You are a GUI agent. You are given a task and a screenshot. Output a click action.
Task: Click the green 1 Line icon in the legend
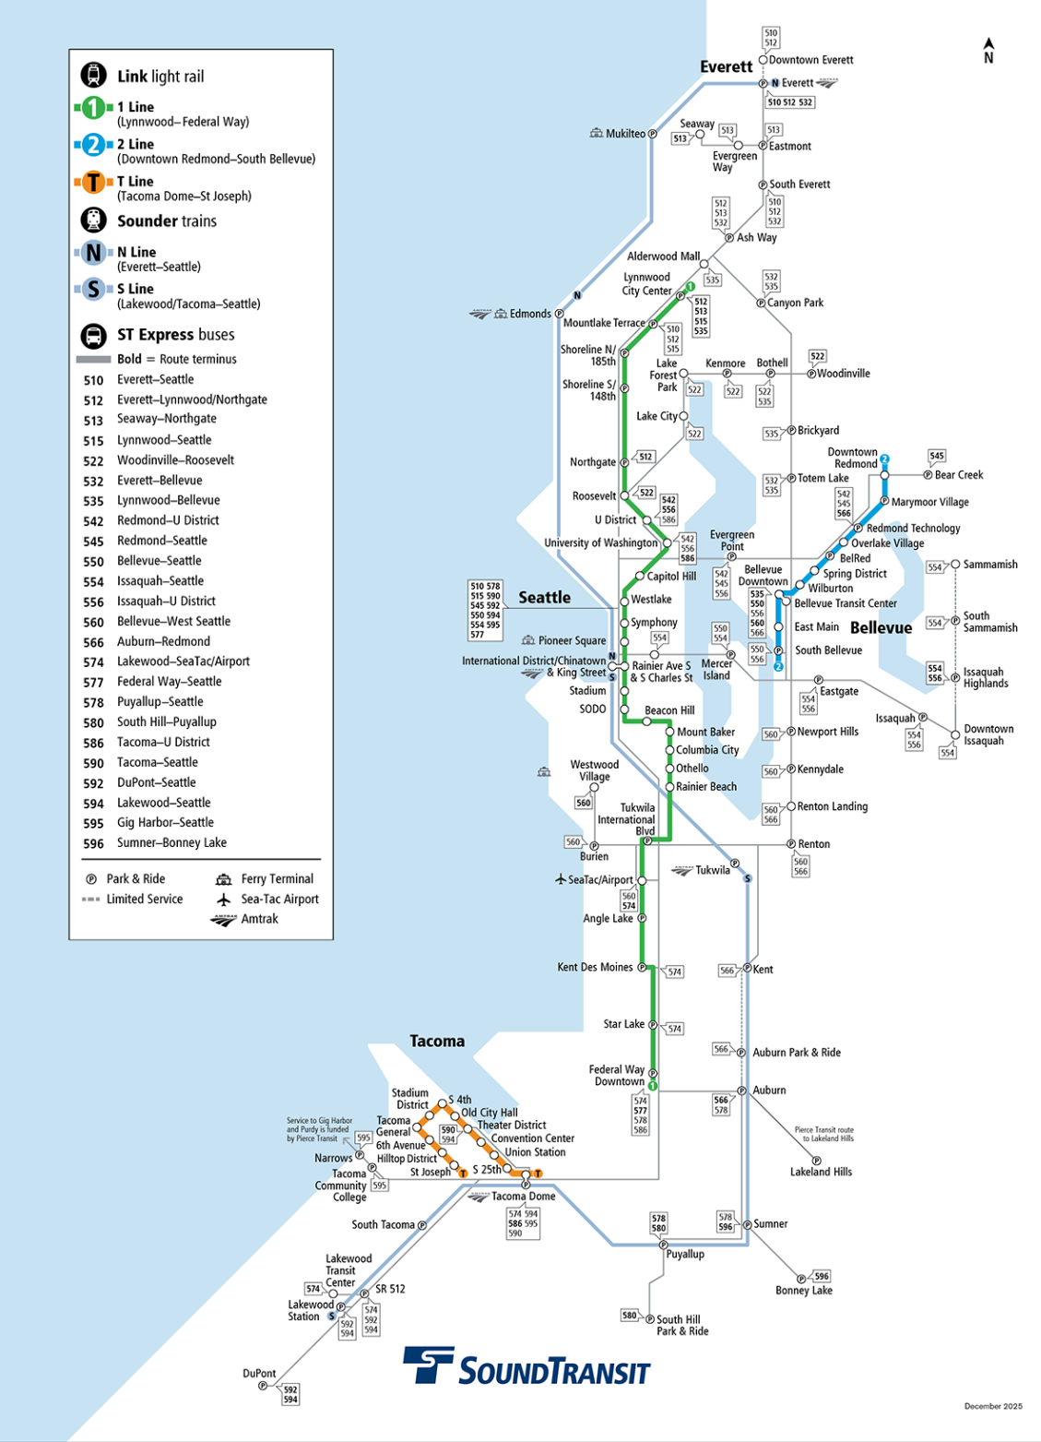click(x=93, y=108)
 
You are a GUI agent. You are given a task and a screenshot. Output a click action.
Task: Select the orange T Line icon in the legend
click(x=93, y=183)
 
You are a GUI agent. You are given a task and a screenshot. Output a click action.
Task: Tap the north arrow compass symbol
click(x=988, y=51)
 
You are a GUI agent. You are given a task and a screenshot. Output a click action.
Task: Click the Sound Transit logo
click(x=526, y=1366)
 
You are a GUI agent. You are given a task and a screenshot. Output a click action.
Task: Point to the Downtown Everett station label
click(x=810, y=60)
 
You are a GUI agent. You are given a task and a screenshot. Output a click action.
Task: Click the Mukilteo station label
click(x=625, y=134)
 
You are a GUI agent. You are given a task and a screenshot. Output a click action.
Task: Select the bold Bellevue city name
click(x=881, y=628)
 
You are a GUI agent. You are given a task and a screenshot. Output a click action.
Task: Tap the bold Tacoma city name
click(x=437, y=1041)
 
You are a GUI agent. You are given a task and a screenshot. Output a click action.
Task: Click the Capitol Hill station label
click(x=671, y=577)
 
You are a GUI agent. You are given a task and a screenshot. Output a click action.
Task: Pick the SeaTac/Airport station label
click(x=600, y=880)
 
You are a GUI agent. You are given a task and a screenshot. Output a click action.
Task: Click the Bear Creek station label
click(x=959, y=475)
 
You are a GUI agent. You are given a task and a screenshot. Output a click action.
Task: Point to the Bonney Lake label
click(x=803, y=1291)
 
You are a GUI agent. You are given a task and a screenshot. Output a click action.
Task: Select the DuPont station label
click(x=259, y=1373)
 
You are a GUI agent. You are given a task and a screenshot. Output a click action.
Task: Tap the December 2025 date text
click(x=993, y=1406)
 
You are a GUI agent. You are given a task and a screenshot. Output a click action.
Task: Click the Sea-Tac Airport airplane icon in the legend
click(x=223, y=900)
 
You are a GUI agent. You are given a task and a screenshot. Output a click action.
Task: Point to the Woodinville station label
click(x=843, y=374)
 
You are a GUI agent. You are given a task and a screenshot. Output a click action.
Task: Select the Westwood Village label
click(x=594, y=770)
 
